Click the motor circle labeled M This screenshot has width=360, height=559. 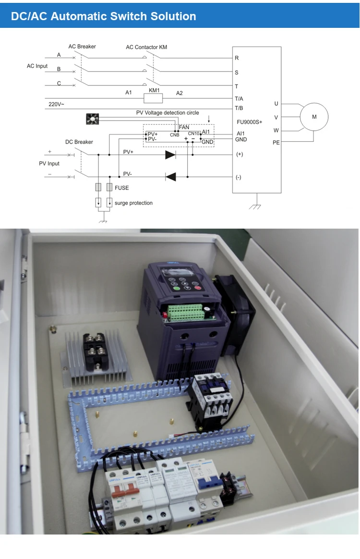point(314,117)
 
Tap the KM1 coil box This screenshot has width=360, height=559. point(154,98)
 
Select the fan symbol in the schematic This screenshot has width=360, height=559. point(92,119)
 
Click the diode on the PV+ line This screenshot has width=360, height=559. point(170,155)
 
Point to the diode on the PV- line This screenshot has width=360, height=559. point(170,177)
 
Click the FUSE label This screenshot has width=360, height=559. point(121,188)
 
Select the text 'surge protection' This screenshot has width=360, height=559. point(133,203)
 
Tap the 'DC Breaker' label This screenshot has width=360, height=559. point(79,142)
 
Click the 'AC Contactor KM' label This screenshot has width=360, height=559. point(146,47)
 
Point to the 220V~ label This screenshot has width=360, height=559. point(56,104)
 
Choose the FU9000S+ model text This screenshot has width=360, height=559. point(250,122)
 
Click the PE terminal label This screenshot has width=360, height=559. point(276,143)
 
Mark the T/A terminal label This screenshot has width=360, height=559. point(239,98)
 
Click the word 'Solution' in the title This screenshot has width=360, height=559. point(173,16)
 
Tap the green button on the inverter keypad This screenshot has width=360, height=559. point(176,288)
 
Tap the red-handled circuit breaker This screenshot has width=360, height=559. point(122,492)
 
